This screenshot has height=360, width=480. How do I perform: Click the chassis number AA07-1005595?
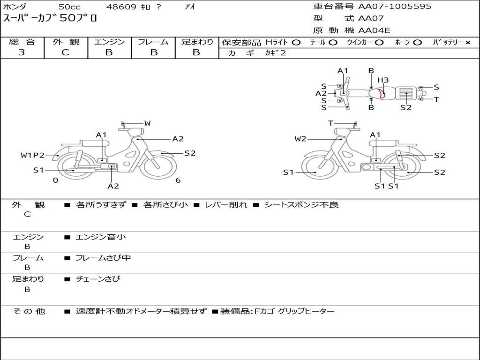[395, 7]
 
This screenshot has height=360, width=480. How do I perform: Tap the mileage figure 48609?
[121, 7]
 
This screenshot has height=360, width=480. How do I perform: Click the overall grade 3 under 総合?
[22, 52]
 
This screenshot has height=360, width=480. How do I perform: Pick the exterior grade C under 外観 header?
[65, 52]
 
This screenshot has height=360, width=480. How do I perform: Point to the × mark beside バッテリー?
[468, 43]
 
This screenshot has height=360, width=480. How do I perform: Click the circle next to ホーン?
[418, 43]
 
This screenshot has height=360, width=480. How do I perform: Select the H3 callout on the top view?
[383, 80]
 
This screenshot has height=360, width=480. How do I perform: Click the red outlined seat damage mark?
[381, 93]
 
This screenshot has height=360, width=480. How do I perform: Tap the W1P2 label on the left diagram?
[32, 155]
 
